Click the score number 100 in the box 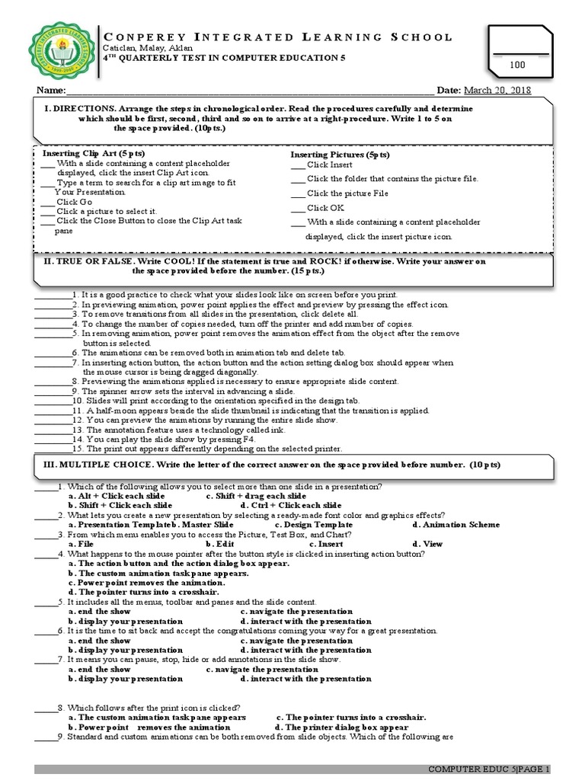(518, 66)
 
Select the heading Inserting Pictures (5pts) (340, 155)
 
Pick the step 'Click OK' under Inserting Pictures (325, 207)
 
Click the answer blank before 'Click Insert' (298, 165)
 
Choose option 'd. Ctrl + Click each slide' (290, 505)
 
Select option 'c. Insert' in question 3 (325, 545)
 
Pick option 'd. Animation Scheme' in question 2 (456, 525)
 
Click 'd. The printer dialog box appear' (341, 727)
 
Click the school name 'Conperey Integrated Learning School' (277, 37)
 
